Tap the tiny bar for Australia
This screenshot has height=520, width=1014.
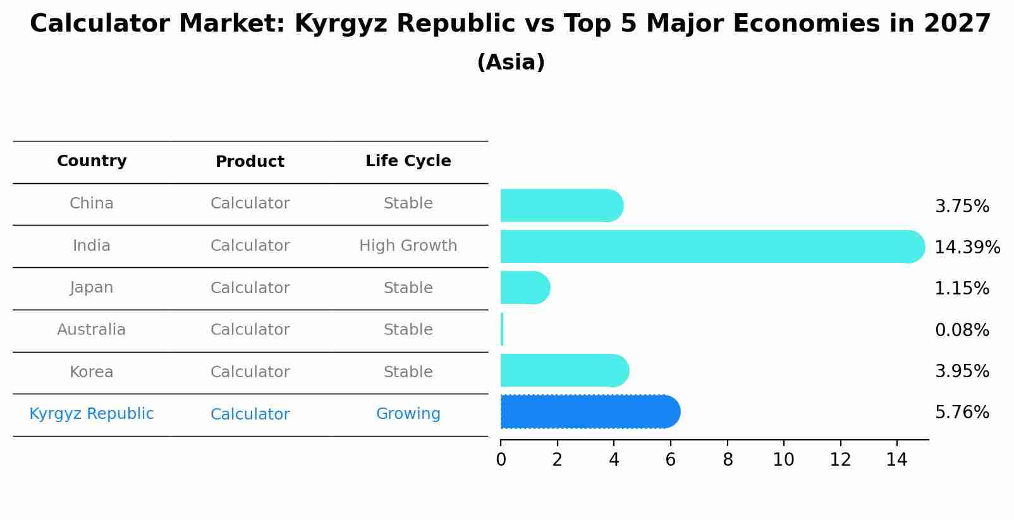tap(502, 329)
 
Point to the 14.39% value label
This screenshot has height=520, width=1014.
tap(967, 247)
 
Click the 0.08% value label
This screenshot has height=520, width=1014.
tap(962, 330)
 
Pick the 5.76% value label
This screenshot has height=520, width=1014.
tap(962, 413)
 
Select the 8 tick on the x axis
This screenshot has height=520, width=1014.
tap(728, 459)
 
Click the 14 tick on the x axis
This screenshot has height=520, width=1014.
tap(896, 459)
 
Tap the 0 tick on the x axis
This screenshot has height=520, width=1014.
tap(501, 459)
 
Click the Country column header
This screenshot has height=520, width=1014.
tap(92, 161)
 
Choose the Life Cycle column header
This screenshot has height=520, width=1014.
tap(408, 161)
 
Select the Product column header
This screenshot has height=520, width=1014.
tap(250, 162)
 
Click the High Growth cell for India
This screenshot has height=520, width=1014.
tap(408, 246)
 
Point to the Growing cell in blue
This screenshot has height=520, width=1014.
tap(408, 414)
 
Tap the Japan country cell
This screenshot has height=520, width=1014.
tap(92, 287)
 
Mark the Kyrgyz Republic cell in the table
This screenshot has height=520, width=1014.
tap(92, 414)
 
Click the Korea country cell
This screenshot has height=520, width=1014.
tap(92, 372)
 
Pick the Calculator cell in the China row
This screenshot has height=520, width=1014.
tap(250, 203)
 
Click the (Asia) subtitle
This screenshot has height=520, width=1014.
tap(511, 63)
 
